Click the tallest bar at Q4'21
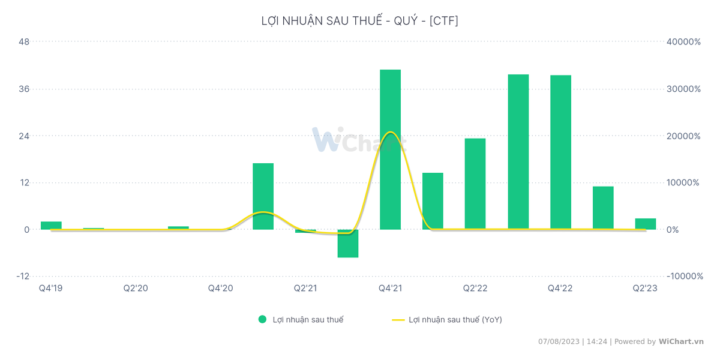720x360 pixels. (390, 149)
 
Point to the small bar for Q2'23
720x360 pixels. (646, 224)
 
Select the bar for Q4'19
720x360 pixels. (51, 226)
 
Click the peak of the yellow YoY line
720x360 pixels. (391, 132)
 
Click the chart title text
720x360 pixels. (360, 21)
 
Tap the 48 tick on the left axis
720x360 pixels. (25, 42)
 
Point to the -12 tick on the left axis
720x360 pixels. (22, 276)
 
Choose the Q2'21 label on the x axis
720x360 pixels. (305, 289)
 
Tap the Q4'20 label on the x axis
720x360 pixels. (220, 289)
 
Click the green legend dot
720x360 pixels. (262, 320)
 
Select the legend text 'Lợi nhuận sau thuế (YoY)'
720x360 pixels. (455, 320)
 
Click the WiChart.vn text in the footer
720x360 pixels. (681, 341)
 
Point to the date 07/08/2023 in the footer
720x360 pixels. (559, 341)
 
